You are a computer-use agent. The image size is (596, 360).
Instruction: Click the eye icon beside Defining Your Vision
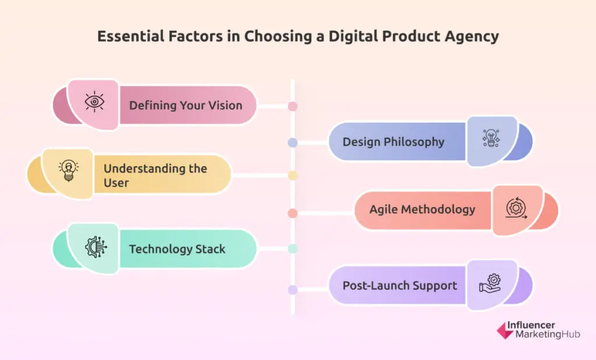click(x=94, y=102)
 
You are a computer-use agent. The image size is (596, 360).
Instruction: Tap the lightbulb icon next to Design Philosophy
click(x=491, y=138)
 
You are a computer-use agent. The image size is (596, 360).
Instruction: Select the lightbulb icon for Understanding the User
click(x=69, y=170)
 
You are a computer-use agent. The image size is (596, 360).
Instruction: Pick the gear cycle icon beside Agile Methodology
click(x=516, y=208)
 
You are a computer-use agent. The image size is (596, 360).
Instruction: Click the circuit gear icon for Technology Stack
click(x=96, y=247)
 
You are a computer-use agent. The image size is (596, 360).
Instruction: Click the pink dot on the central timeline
click(x=293, y=106)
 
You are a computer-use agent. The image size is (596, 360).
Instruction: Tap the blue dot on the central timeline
click(x=293, y=143)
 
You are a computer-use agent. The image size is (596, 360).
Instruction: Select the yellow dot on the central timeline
click(x=293, y=176)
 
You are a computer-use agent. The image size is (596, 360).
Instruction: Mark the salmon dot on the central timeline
click(x=293, y=213)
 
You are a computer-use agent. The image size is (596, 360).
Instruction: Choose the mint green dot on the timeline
click(x=293, y=249)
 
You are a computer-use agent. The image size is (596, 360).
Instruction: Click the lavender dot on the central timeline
click(x=293, y=290)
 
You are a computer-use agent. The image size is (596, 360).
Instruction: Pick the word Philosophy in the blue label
click(x=414, y=142)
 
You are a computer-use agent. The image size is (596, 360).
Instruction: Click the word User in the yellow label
click(x=116, y=183)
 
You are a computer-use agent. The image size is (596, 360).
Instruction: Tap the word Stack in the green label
click(x=210, y=249)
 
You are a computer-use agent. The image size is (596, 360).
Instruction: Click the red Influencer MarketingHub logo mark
click(x=505, y=331)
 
